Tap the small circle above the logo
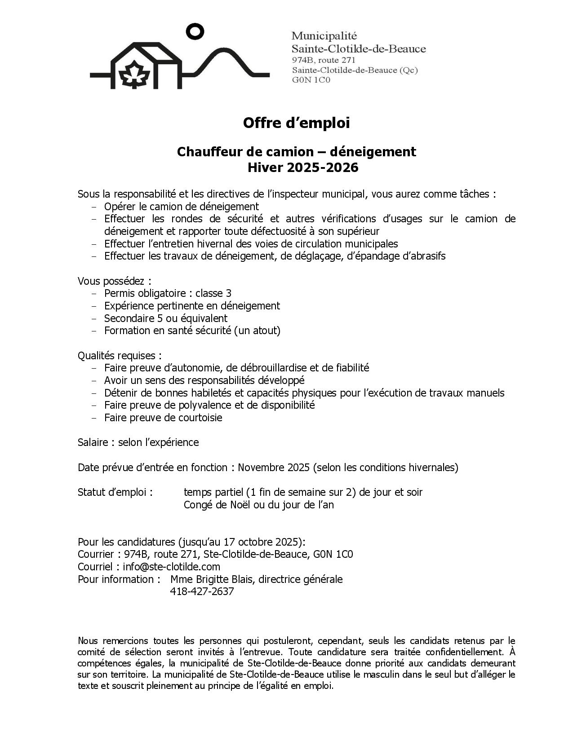(x=195, y=31)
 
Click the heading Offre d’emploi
(x=296, y=123)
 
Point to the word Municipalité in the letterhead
(x=324, y=35)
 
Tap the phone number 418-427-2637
(x=202, y=591)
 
